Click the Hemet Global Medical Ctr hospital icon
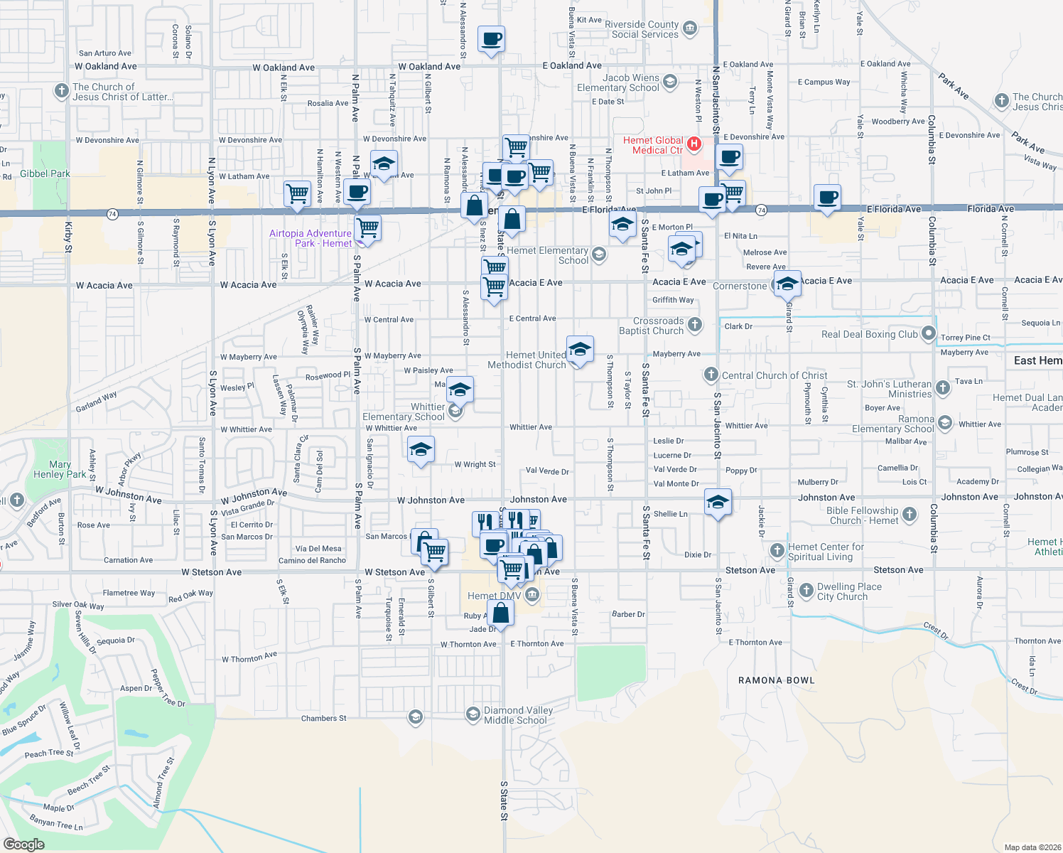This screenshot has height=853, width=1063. coord(695,144)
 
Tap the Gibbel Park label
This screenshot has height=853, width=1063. coord(45,173)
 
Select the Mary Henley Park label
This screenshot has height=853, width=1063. coord(60,469)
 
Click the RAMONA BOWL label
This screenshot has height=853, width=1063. coord(776,680)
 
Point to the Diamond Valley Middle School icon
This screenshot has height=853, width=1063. coord(473,714)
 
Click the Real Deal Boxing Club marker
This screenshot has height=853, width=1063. coord(928,333)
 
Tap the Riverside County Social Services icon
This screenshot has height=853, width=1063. coord(689,29)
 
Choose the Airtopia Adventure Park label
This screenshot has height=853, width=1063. coord(311,238)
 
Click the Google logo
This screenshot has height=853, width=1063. coord(23,844)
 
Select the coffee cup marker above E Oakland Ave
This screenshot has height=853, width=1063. coord(491,38)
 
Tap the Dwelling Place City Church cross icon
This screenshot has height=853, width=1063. coord(806,590)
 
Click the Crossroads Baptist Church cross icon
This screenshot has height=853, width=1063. coord(695,325)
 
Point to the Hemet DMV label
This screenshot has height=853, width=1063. coord(494,596)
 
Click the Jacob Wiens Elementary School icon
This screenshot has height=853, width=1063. coord(669,82)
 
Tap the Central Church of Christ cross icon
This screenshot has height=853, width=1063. coord(711,375)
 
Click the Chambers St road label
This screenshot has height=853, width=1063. coord(323,718)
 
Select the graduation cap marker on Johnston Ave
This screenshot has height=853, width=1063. coord(718,503)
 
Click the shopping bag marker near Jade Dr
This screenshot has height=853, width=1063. coord(501,613)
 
